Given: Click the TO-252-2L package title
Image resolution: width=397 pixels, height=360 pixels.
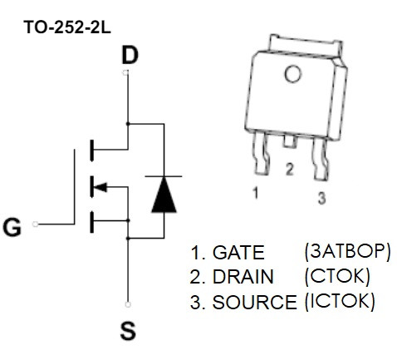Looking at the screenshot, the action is click(x=67, y=27).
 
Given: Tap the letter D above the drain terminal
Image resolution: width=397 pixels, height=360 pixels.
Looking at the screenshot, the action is click(x=130, y=55).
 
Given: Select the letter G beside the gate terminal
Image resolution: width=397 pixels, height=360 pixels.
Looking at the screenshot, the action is click(x=12, y=227).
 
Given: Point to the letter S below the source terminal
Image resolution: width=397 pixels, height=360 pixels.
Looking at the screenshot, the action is click(x=128, y=330).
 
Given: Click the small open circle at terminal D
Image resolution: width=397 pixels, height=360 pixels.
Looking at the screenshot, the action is click(x=125, y=72).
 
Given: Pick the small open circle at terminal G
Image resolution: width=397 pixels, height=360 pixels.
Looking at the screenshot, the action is click(x=35, y=224).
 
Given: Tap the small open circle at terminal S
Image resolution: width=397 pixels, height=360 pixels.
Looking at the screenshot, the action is click(x=128, y=304).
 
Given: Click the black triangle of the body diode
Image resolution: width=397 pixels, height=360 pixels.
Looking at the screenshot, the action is click(x=164, y=195).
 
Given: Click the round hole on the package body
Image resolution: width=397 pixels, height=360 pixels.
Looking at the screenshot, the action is click(x=292, y=74).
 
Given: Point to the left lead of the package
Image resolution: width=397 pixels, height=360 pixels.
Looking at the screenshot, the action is click(x=262, y=153).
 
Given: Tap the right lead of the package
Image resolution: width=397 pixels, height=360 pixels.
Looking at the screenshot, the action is click(x=321, y=159).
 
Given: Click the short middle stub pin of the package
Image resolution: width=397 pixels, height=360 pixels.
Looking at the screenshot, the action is click(x=290, y=141).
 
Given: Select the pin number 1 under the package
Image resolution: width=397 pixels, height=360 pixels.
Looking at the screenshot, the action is click(x=256, y=193).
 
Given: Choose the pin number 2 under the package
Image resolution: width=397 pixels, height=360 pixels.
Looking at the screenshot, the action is click(x=289, y=169).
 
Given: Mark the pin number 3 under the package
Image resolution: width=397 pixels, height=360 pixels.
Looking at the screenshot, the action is click(x=321, y=198).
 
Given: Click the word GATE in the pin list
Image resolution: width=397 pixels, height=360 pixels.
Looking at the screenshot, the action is click(x=238, y=253).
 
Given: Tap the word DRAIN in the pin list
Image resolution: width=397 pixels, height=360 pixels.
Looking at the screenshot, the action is click(x=243, y=277).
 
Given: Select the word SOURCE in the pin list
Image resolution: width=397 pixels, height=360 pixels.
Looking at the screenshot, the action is click(x=254, y=302).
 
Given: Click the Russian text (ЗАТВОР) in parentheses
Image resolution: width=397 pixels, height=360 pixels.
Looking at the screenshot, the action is click(x=347, y=252).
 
